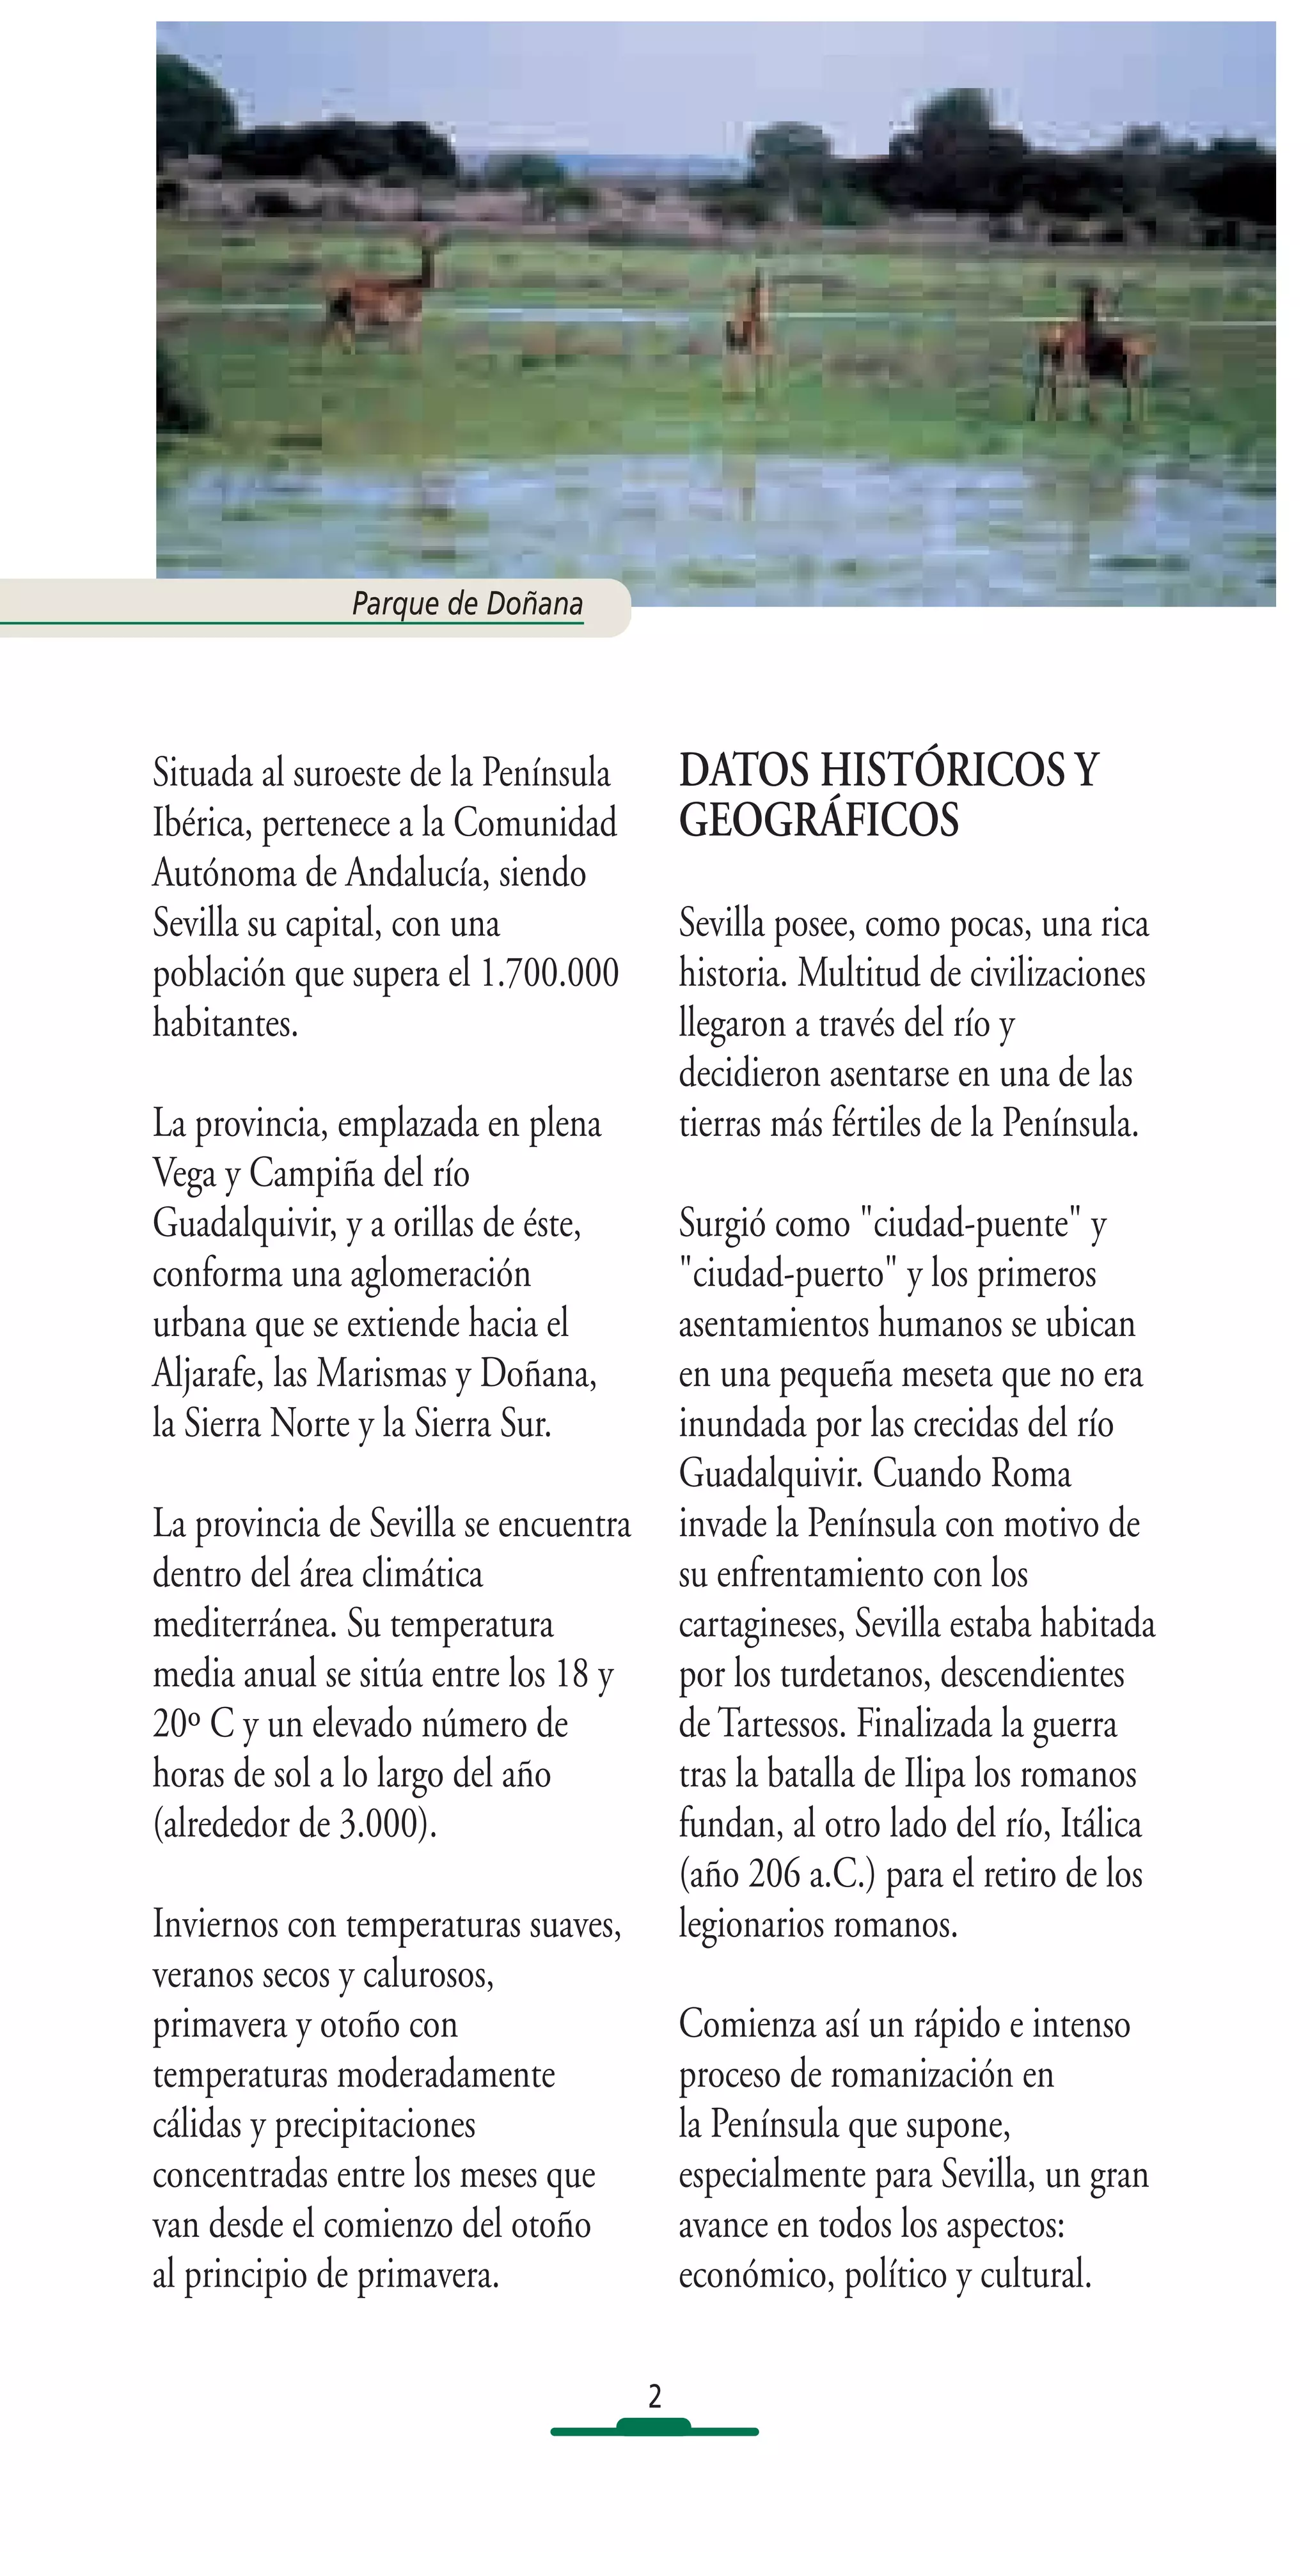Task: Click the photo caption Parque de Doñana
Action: [x=467, y=603]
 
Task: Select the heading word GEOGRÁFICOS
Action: [x=819, y=820]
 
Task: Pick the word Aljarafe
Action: [x=207, y=1374]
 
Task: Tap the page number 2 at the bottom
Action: [x=654, y=2395]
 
